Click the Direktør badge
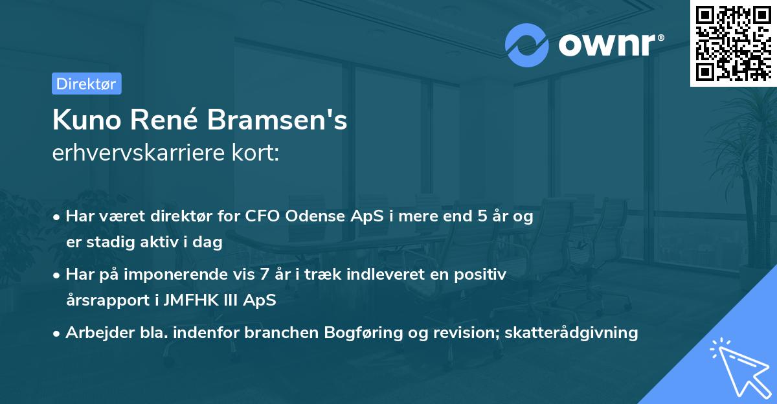point(86,84)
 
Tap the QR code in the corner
point(733,43)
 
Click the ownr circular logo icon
point(526,45)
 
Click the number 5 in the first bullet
point(482,217)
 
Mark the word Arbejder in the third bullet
point(94,333)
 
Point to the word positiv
point(482,275)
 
